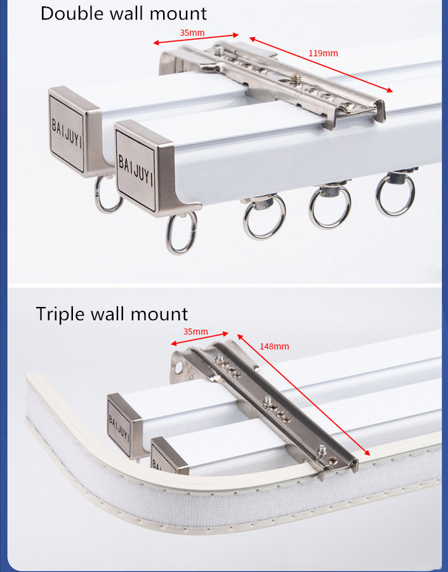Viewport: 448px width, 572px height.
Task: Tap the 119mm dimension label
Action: [x=323, y=53]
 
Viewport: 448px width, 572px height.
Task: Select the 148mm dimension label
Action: [x=274, y=346]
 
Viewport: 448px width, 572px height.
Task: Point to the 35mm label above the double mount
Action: [x=192, y=31]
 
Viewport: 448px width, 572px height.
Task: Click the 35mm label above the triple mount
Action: [x=195, y=332]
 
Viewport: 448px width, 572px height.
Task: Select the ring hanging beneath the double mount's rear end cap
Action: [x=109, y=195]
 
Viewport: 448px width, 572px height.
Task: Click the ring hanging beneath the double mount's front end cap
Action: [x=181, y=233]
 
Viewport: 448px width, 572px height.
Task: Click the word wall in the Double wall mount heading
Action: [x=129, y=13]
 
